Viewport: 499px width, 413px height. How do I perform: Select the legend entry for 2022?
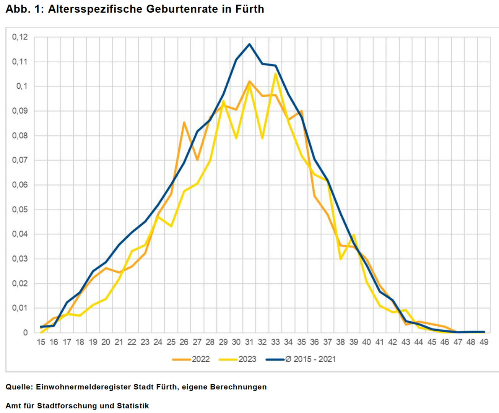click(200, 359)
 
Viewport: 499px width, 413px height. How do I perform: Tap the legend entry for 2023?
click(247, 359)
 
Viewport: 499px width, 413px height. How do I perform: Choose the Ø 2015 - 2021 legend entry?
click(310, 359)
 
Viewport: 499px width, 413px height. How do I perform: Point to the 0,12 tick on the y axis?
click(20, 37)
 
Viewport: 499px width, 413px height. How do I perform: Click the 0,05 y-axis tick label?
click(20, 210)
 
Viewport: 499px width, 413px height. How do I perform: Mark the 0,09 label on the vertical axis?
click(20, 111)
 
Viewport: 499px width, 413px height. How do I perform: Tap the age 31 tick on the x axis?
click(249, 342)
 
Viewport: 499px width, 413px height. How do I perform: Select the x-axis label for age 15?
click(41, 342)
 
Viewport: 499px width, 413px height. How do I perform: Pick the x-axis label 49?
click(484, 342)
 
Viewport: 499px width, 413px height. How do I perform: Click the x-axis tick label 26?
click(184, 342)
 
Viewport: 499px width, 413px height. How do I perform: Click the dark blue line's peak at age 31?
click(249, 44)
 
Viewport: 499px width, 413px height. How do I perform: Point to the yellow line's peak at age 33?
click(275, 74)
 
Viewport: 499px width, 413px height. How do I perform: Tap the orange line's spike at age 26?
click(184, 122)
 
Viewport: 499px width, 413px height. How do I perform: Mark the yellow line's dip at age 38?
click(340, 259)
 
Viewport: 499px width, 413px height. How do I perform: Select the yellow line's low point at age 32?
click(262, 138)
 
